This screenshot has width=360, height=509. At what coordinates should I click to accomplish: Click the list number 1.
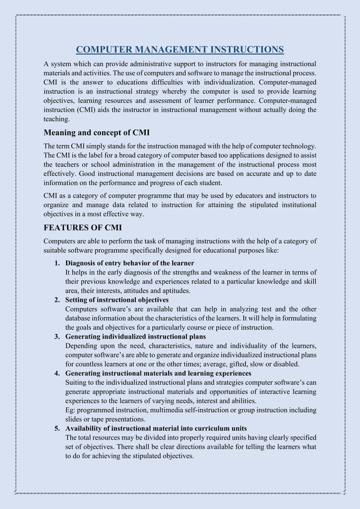(x=57, y=264)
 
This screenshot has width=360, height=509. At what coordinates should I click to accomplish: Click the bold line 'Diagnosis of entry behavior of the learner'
(x=130, y=264)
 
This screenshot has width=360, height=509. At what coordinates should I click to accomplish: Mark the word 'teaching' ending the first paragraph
(x=56, y=119)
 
